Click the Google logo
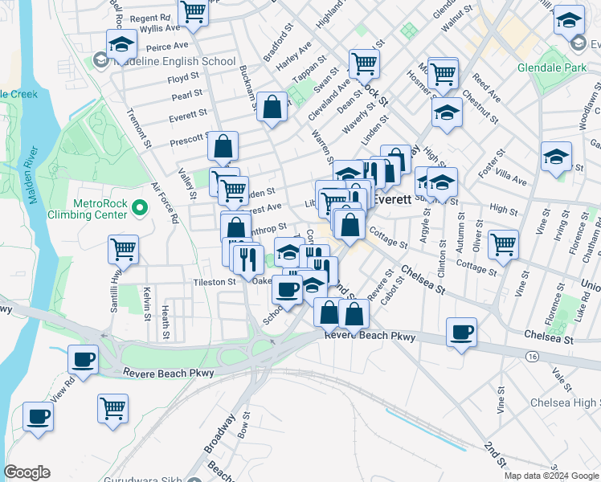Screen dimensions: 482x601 coord(27,472)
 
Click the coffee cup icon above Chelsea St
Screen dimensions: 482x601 coord(461,331)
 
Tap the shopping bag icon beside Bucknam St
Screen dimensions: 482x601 coord(272,107)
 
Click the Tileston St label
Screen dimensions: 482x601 coord(214,282)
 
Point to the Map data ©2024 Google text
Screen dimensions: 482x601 coord(550,476)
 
